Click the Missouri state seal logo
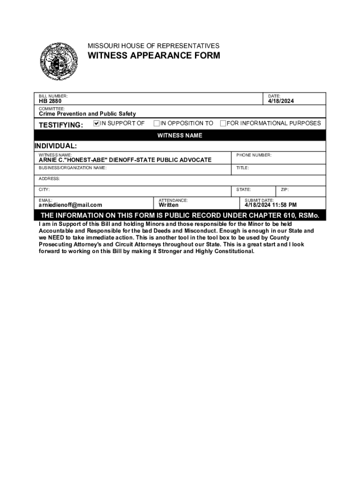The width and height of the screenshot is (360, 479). [x=59, y=61]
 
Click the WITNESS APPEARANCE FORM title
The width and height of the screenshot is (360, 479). [x=154, y=56]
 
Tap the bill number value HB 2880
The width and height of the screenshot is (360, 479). [x=50, y=101]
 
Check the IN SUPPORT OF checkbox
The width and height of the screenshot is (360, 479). [x=97, y=123]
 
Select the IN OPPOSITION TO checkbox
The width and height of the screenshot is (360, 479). [x=157, y=123]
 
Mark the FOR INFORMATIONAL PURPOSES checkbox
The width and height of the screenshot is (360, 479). [x=223, y=123]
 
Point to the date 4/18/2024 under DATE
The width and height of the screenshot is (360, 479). [x=281, y=101]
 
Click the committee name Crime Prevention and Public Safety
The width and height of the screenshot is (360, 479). [x=87, y=114]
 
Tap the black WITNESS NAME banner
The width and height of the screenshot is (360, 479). [x=180, y=136]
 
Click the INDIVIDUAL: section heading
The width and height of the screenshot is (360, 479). [x=56, y=146]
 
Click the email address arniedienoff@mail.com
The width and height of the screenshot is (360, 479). [x=70, y=205]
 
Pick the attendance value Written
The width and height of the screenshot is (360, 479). [x=168, y=205]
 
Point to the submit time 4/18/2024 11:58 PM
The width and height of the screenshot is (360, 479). [x=271, y=205]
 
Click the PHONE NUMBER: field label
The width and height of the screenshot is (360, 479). [x=254, y=155]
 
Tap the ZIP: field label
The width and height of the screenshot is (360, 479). [x=285, y=189]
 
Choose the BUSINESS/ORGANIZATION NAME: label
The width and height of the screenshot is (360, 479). [x=72, y=167]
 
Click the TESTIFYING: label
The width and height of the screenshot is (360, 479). [x=61, y=125]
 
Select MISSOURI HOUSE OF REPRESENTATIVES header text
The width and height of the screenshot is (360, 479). [x=153, y=46]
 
